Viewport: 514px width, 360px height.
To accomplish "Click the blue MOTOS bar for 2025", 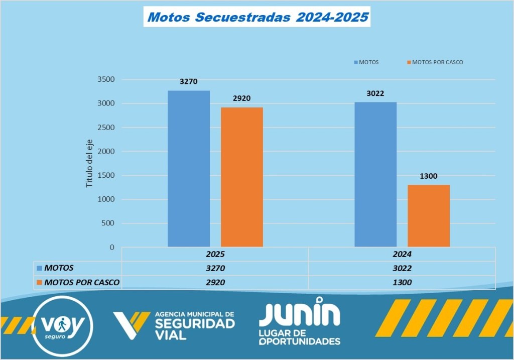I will tap(189, 169).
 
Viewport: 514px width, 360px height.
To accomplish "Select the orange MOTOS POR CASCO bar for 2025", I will tap(242, 177).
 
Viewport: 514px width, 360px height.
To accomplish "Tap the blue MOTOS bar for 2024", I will tap(375, 175).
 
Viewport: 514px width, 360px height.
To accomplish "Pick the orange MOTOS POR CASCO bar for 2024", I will tap(429, 216).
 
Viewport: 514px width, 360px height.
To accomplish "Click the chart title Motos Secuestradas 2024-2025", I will tap(258, 18).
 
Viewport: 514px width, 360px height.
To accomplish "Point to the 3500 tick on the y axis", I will tap(106, 79).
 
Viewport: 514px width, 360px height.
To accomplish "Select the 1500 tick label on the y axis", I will tap(106, 175).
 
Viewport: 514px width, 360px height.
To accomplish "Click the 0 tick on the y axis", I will tap(112, 248).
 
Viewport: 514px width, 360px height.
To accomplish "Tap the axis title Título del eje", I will tap(90, 163).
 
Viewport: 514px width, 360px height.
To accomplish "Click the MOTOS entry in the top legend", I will tap(368, 62).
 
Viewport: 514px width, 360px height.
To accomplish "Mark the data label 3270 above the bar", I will tap(189, 81).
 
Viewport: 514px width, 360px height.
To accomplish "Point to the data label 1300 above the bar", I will tap(429, 176).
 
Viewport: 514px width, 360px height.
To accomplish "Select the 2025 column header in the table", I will tap(215, 255).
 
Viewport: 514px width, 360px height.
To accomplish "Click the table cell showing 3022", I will tap(402, 268).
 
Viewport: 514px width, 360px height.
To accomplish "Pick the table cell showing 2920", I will tap(215, 282).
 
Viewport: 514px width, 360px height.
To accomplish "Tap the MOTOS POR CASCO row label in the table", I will tap(82, 282).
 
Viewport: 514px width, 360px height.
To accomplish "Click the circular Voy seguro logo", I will tap(62, 326).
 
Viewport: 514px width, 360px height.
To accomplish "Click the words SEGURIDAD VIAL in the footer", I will tap(195, 328).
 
